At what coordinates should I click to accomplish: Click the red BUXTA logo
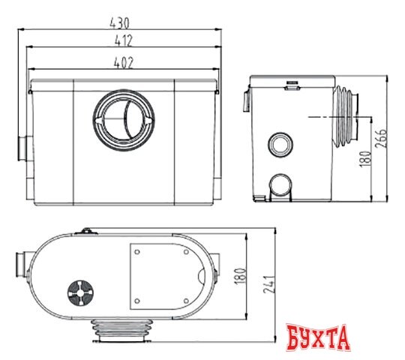[x=319, y=337]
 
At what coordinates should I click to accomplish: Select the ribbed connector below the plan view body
[x=124, y=329]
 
